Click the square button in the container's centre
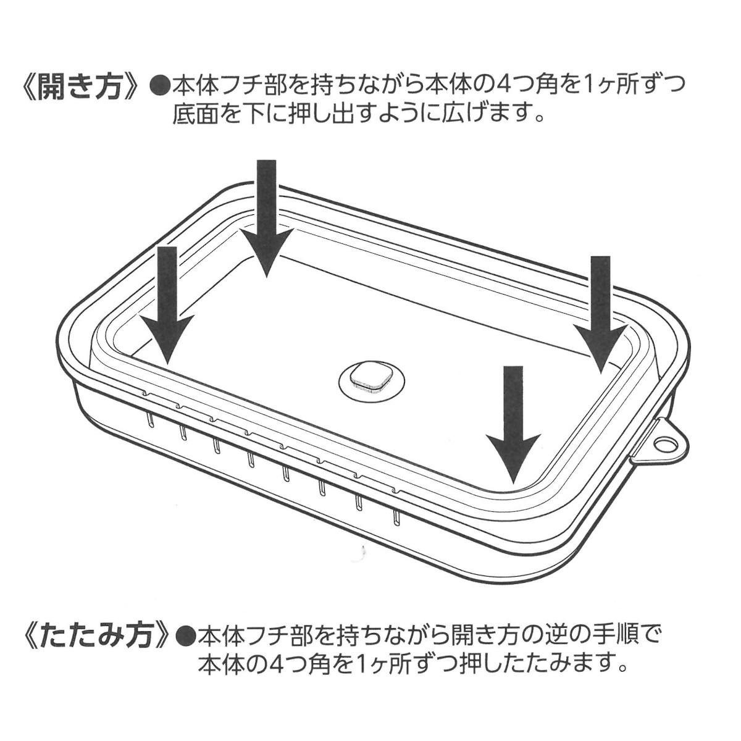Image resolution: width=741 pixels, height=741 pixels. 371,377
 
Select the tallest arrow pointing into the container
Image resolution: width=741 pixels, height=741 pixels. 267,216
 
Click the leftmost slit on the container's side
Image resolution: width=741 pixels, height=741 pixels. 149,419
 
